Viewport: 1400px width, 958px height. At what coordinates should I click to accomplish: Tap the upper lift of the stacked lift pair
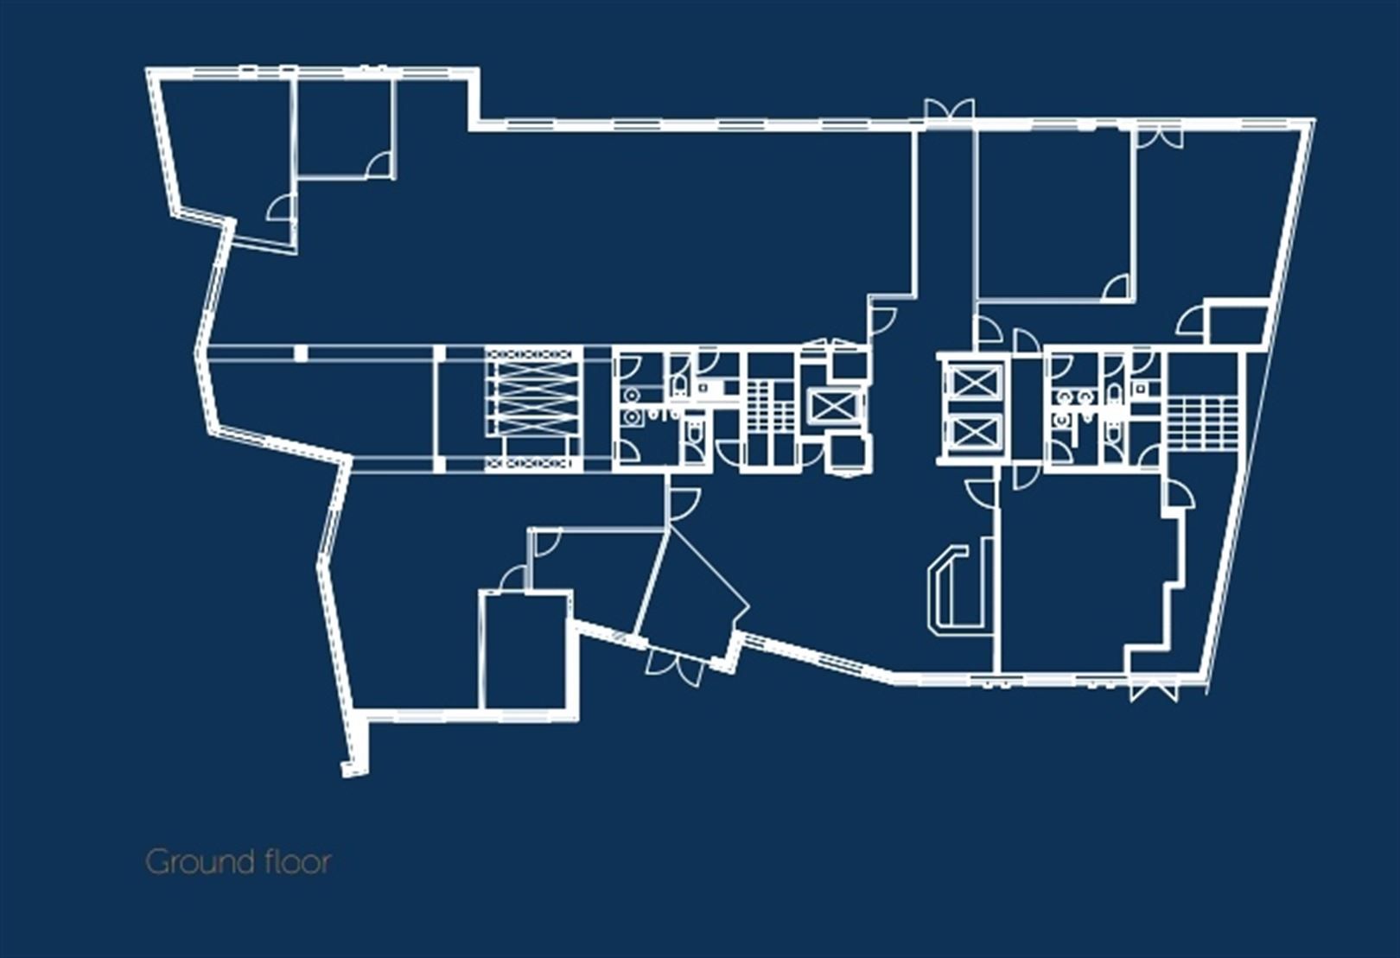click(x=974, y=381)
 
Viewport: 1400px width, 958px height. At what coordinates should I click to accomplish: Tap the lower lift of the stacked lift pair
click(x=974, y=432)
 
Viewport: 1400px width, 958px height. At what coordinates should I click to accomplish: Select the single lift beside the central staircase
click(x=833, y=404)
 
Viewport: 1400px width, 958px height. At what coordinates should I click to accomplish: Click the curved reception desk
click(x=955, y=587)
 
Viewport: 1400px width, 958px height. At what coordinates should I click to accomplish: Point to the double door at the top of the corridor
click(x=948, y=111)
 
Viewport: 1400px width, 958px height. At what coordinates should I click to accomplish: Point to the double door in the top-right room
click(x=1158, y=136)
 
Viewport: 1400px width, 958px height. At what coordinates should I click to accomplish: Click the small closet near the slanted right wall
click(x=1236, y=323)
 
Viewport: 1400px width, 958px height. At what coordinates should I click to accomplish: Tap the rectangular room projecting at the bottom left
click(x=525, y=650)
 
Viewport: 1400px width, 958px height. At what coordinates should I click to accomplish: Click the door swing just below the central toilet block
click(x=683, y=502)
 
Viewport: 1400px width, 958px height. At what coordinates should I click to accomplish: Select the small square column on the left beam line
click(x=300, y=352)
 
